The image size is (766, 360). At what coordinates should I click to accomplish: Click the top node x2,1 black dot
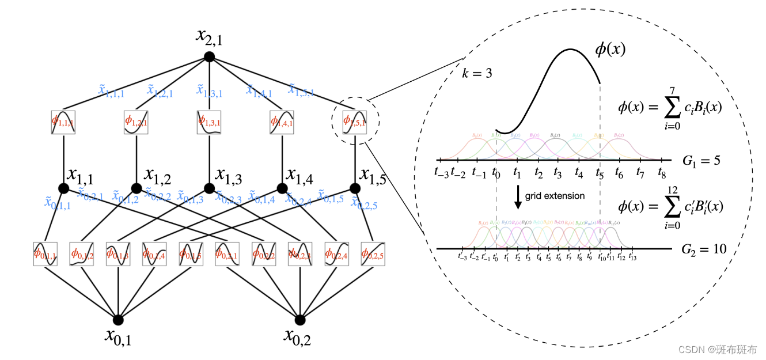point(209,56)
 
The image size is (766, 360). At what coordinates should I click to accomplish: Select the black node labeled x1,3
point(209,188)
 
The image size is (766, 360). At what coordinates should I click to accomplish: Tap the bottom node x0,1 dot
point(118,320)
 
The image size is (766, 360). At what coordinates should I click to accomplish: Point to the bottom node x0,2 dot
point(299,320)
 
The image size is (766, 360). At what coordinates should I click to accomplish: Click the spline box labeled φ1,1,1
point(63,122)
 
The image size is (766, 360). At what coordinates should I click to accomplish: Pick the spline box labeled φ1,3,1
point(209,122)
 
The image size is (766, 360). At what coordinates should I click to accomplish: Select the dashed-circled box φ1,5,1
point(354,122)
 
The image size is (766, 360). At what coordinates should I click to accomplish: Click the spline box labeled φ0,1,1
point(45,253)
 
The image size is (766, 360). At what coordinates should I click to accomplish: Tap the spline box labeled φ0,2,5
point(373,253)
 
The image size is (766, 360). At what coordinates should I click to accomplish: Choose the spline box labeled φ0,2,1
point(227,253)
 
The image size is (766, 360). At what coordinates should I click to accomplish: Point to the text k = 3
point(477,73)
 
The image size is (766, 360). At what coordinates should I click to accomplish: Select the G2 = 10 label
point(703,249)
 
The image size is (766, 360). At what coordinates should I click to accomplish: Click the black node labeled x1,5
point(355,188)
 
